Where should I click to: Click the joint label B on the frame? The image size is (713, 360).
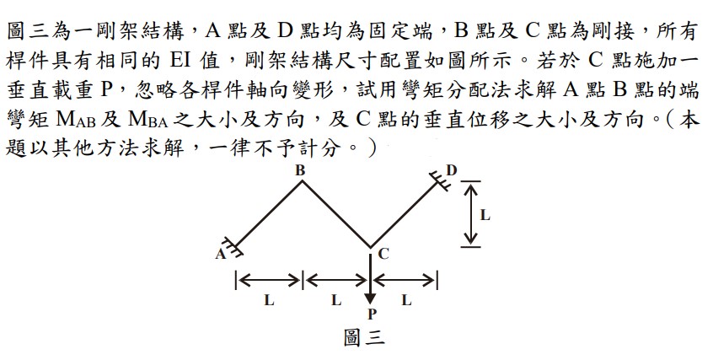tap(300, 170)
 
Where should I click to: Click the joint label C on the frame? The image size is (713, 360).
tap(383, 254)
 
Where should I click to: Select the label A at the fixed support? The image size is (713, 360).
tap(220, 254)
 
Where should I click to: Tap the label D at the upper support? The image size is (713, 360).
tap(451, 170)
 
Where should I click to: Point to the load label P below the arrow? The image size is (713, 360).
tap(372, 314)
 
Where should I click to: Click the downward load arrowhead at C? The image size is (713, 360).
tap(371, 298)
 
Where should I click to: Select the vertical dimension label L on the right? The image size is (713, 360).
tap(485, 215)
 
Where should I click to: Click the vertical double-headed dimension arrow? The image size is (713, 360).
tap(470, 214)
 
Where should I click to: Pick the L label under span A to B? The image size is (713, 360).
tap(270, 300)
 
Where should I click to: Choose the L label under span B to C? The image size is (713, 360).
tap(336, 300)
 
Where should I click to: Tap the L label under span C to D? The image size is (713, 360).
tap(406, 300)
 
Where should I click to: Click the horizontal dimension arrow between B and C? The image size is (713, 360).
tap(337, 281)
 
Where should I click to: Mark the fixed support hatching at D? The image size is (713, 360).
tap(440, 180)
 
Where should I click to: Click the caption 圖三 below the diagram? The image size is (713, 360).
tap(364, 338)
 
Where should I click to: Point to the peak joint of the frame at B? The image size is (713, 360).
tap(302, 181)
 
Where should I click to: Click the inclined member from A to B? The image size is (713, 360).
tap(268, 214)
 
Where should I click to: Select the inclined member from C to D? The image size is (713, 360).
tap(405, 214)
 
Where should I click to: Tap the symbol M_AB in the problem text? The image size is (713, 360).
tap(76, 120)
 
